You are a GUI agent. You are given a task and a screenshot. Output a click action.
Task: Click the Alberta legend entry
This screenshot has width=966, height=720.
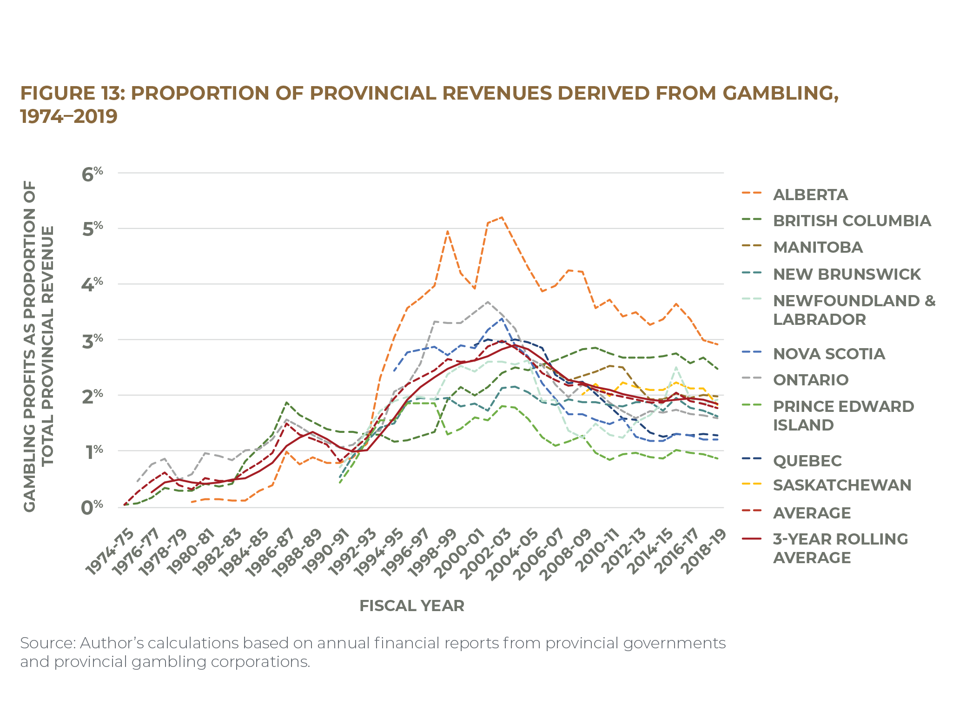coord(810,195)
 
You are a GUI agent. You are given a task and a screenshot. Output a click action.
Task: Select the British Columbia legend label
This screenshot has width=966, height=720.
coord(852,221)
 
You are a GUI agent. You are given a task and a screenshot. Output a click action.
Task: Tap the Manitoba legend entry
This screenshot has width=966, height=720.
coord(818,248)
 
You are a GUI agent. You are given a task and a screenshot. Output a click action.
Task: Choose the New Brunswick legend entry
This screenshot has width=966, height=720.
coord(847,274)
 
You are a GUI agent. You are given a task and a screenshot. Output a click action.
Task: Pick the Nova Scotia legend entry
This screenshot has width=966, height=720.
coord(828,354)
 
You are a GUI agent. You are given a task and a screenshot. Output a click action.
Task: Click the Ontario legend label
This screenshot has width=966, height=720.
coord(810,380)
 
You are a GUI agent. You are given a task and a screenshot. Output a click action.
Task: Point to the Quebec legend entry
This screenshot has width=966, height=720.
coord(807,461)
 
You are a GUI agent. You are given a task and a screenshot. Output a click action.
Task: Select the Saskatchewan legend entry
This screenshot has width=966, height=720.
coord(841,485)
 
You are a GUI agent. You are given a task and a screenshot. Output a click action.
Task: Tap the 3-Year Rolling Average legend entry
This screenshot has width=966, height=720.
coord(840,548)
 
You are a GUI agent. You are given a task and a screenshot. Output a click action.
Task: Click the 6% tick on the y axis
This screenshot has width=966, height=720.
coord(92,174)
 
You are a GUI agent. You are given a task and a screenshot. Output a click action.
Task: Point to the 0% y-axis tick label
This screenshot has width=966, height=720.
coord(92,507)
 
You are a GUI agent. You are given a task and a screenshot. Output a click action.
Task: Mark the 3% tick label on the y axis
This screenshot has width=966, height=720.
coord(92,341)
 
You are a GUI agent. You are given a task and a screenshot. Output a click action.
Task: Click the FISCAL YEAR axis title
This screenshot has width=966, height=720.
coord(411,606)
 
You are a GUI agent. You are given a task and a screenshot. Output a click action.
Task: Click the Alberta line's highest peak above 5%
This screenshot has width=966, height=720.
coord(501,217)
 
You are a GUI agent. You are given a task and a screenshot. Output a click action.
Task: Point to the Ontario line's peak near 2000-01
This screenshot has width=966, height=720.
coord(487,302)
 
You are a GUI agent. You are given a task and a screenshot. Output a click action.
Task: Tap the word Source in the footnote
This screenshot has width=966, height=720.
coord(46,643)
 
